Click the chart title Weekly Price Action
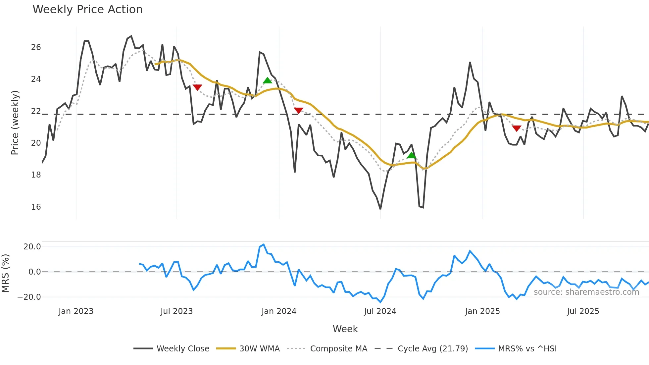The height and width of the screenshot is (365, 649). [x=87, y=10]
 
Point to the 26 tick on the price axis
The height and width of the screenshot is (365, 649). [x=36, y=47]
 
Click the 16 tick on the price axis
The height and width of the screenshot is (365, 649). [x=36, y=207]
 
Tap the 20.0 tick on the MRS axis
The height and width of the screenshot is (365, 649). [x=32, y=247]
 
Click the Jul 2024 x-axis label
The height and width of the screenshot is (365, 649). [x=380, y=311]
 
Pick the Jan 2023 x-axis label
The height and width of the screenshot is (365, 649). [x=76, y=311]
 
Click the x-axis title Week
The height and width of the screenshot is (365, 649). [x=345, y=329]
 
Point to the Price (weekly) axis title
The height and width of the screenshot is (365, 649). [x=15, y=123]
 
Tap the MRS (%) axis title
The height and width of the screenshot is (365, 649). [x=5, y=273]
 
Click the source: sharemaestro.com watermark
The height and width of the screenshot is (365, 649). [x=586, y=292]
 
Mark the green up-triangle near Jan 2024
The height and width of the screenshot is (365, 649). [x=267, y=80]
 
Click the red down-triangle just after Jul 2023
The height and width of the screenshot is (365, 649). [x=197, y=87]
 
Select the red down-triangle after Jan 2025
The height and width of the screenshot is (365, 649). [x=517, y=128]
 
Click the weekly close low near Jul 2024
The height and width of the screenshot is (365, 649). [x=380, y=209]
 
